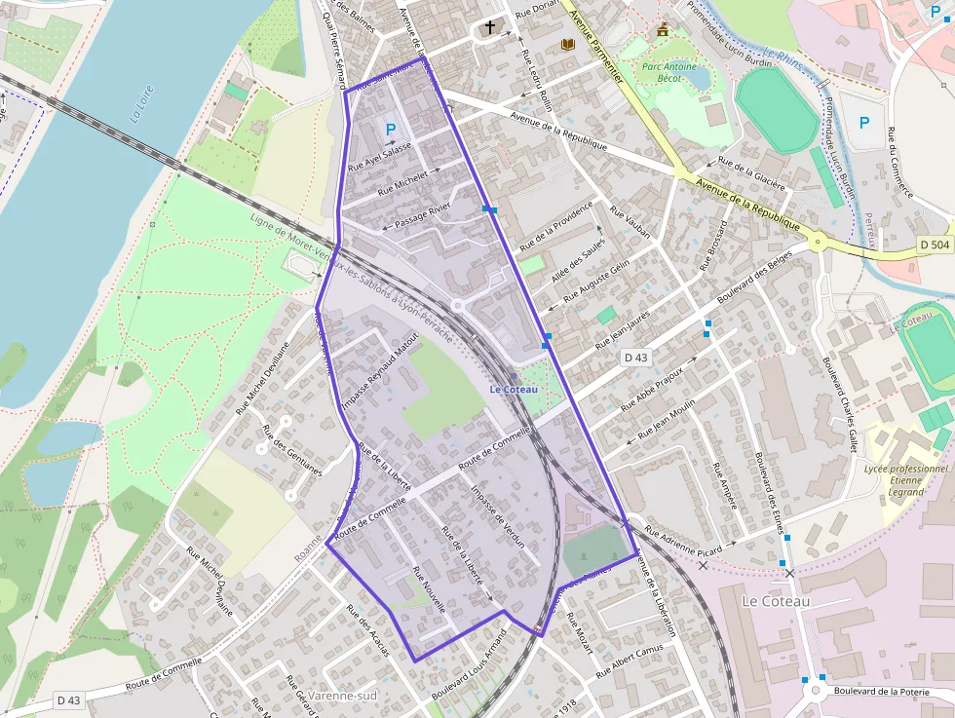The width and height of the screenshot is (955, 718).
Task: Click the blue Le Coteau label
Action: [x=514, y=390]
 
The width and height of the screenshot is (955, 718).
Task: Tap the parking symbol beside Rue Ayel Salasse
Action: [x=392, y=129]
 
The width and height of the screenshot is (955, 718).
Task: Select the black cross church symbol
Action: [x=489, y=27]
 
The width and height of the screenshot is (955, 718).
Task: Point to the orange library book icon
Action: [x=567, y=44]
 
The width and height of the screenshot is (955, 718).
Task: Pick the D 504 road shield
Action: [x=934, y=246]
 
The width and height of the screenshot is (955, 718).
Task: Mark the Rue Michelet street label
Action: [x=402, y=179]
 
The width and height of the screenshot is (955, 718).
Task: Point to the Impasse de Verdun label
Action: [x=498, y=516]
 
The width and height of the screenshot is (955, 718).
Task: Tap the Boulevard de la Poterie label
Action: [x=884, y=692]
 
